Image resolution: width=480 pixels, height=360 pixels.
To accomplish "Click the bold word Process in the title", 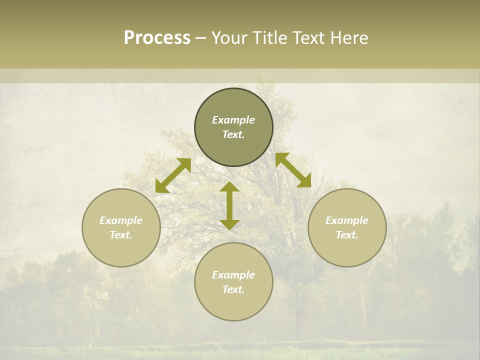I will tap(157, 38).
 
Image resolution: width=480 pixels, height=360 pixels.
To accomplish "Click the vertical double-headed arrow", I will tap(229, 205).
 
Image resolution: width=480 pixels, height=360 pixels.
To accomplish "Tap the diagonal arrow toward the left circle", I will tap(173, 175).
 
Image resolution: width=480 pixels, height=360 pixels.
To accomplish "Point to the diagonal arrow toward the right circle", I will tap(293, 170).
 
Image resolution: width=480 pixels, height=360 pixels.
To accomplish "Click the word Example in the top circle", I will tap(233, 120).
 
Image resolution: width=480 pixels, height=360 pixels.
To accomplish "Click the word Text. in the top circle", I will tap(233, 134).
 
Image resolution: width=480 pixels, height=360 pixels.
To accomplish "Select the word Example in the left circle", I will tap(121, 220).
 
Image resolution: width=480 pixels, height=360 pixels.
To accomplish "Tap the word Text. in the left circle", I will tap(121, 235).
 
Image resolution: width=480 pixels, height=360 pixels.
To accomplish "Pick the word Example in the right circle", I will tap(347, 220).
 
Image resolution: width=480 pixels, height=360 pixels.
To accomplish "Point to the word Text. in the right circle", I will tap(347, 235).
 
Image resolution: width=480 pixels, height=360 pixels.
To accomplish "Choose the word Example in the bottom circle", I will tap(233, 275).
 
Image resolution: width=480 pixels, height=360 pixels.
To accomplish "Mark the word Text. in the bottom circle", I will tap(233, 289).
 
